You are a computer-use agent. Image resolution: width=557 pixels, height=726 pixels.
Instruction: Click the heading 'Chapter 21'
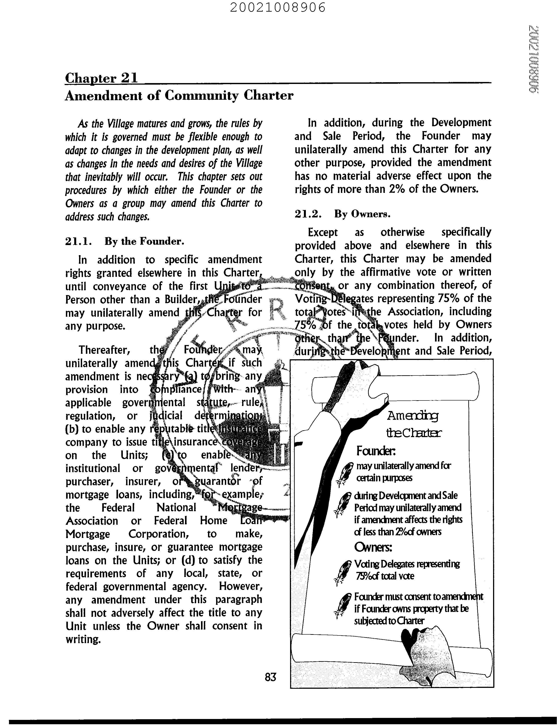coord(101,78)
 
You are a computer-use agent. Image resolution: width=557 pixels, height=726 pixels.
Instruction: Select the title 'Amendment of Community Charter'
coord(179,96)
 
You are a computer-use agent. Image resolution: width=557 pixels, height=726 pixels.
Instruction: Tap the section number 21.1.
coord(77,241)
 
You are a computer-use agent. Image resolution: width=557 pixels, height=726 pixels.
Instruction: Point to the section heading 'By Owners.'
coord(362,214)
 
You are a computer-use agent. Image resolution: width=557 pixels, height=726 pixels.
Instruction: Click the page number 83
coord(271,677)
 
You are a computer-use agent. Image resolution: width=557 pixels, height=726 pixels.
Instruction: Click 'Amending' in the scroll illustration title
coord(412,416)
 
